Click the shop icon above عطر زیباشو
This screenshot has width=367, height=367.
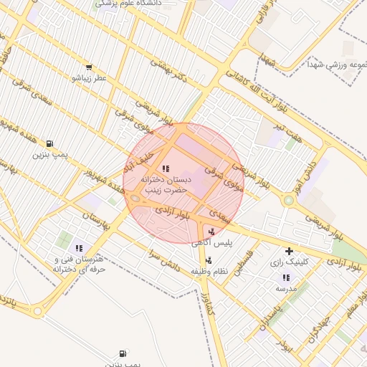tap(88, 67)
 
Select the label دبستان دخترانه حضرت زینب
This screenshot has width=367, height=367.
tap(165, 185)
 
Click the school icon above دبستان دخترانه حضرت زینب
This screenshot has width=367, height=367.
tap(166, 168)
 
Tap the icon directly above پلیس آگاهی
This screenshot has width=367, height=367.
tap(211, 231)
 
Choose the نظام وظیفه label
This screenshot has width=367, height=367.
tap(209, 272)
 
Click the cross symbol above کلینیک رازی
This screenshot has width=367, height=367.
tap(289, 251)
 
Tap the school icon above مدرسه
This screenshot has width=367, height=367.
tap(287, 277)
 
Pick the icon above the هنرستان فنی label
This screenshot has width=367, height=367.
tap(79, 248)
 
